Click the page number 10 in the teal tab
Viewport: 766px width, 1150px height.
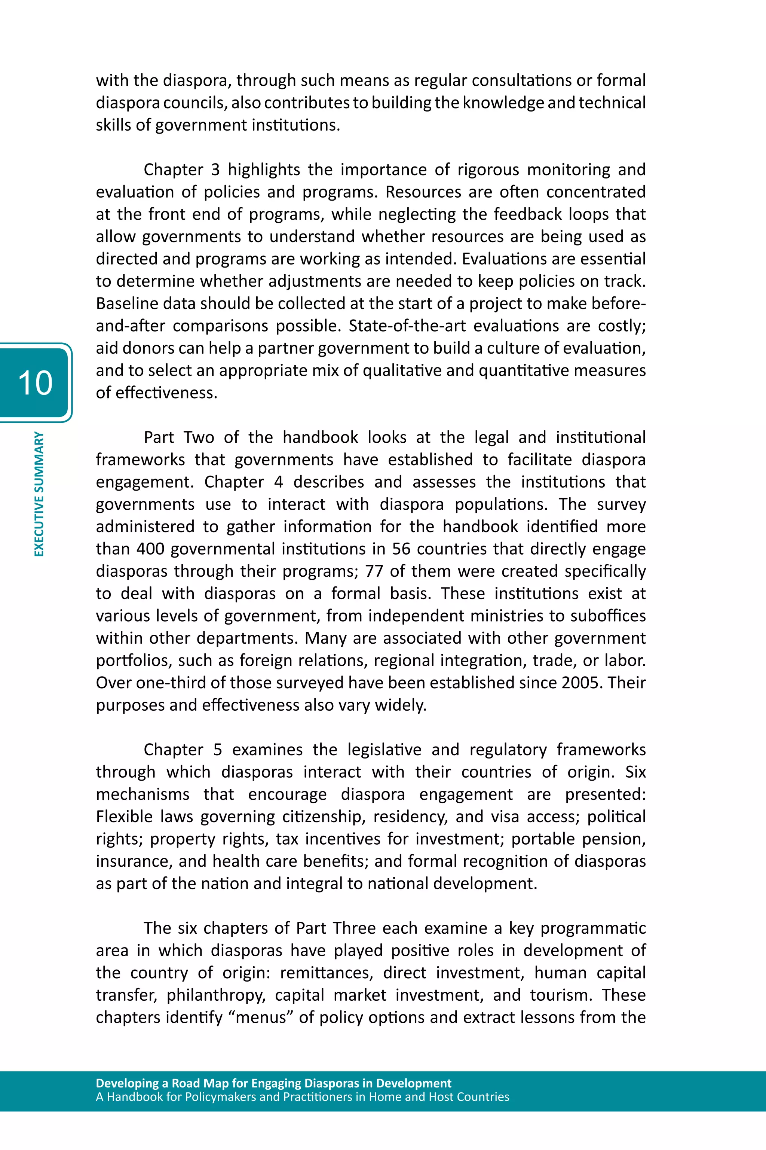[35, 383]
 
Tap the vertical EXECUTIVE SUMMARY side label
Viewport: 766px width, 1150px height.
[39, 494]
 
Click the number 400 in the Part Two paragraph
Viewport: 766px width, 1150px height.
[150, 549]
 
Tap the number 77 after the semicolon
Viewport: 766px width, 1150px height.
[374, 571]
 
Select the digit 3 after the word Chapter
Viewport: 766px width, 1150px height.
[215, 170]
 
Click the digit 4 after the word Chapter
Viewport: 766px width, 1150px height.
[278, 482]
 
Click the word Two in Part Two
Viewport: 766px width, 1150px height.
[199, 437]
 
